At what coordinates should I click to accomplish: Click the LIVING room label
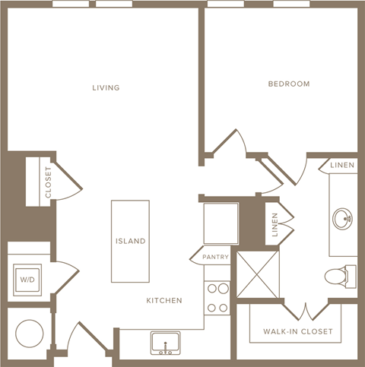[106, 88]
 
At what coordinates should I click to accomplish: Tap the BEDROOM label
[288, 84]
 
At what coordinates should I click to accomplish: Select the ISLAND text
[130, 242]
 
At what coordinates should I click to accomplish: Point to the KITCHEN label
[164, 301]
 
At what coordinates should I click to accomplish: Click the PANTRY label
[215, 258]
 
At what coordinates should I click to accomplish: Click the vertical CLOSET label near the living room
[48, 182]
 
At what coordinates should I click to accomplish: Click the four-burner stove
[217, 299]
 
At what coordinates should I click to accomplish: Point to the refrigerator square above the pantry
[221, 223]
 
